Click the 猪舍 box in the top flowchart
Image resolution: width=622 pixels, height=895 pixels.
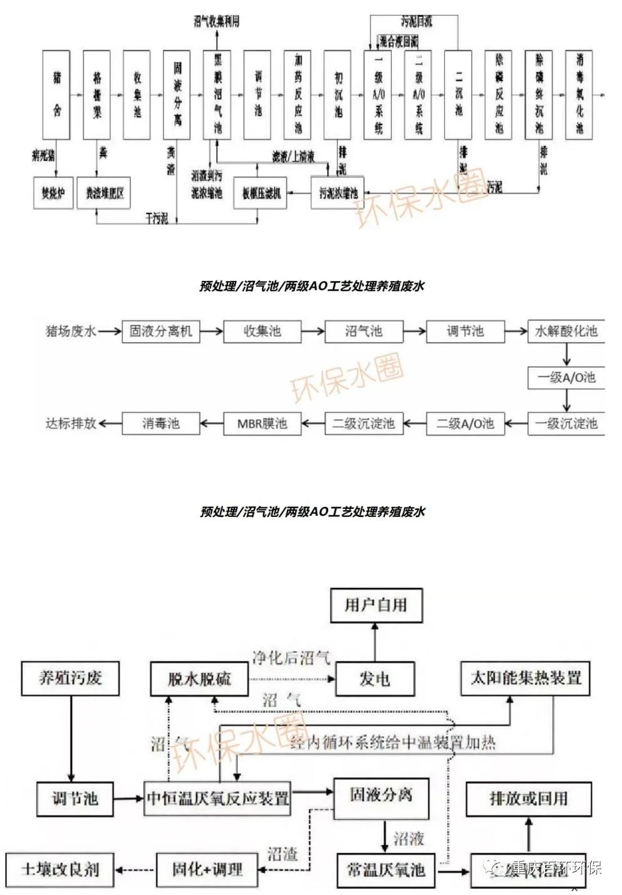[x=56, y=95]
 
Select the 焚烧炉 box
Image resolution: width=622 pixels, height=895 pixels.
[x=53, y=193]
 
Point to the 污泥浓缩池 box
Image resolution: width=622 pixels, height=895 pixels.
[x=338, y=193]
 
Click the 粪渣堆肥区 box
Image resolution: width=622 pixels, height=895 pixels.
[x=105, y=193]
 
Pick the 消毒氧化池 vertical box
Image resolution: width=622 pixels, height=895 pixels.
[x=579, y=95]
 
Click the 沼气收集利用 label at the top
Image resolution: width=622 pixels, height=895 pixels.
[x=217, y=21]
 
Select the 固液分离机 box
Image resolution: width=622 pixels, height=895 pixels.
[x=161, y=331]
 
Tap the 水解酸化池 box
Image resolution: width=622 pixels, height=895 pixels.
[x=566, y=331]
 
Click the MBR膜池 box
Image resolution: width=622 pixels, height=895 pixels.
[x=262, y=424]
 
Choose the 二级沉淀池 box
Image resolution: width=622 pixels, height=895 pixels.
[x=363, y=424]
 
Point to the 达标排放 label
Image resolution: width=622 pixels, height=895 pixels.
[x=71, y=424]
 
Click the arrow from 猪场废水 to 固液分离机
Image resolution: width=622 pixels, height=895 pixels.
[x=110, y=331]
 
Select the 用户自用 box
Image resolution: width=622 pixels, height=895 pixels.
[x=376, y=605]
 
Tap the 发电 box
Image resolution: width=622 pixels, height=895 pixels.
[x=375, y=679]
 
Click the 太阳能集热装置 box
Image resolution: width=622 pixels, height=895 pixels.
[x=526, y=678]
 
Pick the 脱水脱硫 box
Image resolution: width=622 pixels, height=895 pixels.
[x=199, y=679]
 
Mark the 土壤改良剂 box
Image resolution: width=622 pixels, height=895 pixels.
[x=61, y=869]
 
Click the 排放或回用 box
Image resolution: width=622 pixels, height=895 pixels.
[x=528, y=799]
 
